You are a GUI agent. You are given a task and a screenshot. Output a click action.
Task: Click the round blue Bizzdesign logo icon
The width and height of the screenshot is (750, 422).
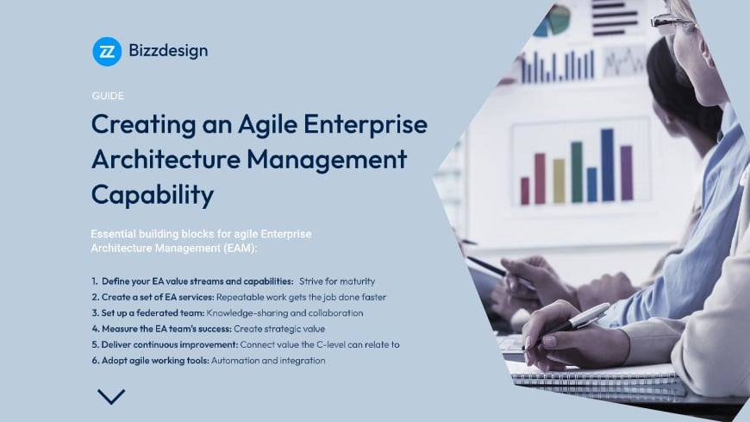(x=107, y=51)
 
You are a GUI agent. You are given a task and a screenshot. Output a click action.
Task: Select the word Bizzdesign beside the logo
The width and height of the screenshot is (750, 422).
(x=169, y=51)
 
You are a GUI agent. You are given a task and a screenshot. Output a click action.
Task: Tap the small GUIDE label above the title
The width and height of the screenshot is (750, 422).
(x=107, y=96)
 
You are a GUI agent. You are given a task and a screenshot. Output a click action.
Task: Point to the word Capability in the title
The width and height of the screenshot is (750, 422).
(x=152, y=194)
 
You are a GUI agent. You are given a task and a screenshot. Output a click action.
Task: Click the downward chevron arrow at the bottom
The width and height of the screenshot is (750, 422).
(x=111, y=397)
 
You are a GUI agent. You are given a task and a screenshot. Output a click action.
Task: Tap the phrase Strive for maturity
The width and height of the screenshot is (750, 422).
(x=337, y=281)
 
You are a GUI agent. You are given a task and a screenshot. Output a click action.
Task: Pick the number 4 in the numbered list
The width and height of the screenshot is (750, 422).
(x=94, y=328)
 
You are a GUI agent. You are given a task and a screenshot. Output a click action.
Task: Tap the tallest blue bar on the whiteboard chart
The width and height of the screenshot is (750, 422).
(x=607, y=165)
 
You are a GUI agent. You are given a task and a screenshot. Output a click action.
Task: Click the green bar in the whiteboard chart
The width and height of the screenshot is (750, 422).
(x=576, y=172)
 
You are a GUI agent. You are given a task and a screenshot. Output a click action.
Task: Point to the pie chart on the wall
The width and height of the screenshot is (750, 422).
(x=552, y=19)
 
